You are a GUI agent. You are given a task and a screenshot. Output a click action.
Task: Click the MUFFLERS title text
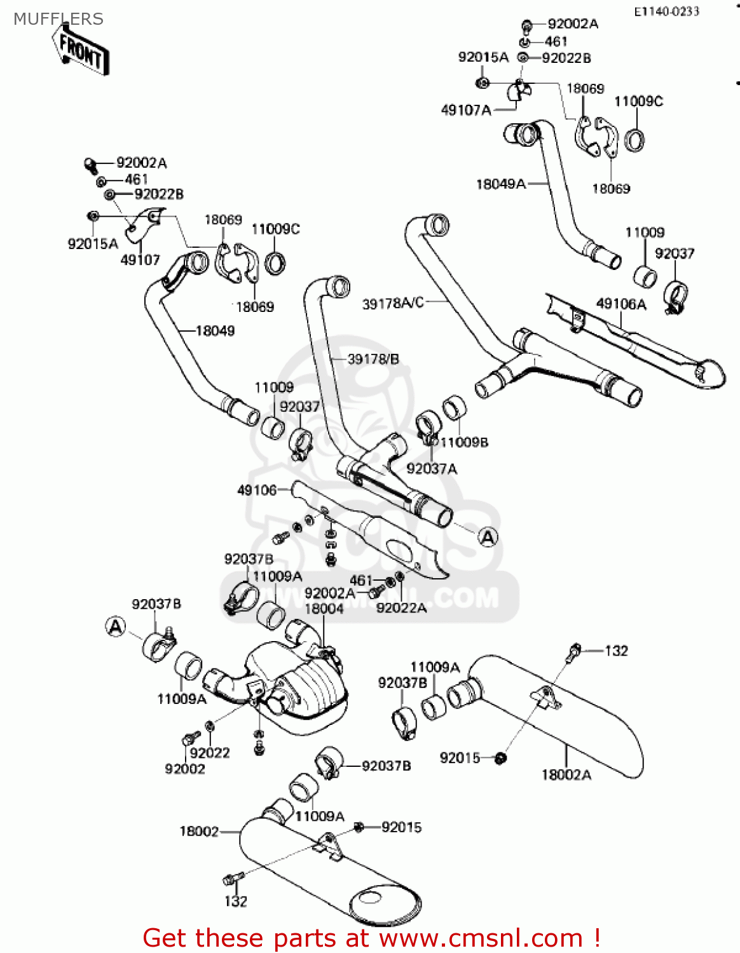click(x=58, y=19)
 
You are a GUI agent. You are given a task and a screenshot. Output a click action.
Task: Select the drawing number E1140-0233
click(x=666, y=11)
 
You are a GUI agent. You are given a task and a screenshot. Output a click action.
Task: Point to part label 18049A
click(x=501, y=184)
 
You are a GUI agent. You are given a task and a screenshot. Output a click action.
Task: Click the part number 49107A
click(x=466, y=111)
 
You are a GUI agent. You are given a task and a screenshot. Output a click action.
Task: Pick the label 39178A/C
click(x=393, y=304)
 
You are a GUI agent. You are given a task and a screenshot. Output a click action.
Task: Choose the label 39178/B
click(x=373, y=360)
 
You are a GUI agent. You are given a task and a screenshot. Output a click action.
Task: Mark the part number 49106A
click(x=621, y=304)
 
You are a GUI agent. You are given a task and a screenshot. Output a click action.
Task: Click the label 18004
click(x=324, y=609)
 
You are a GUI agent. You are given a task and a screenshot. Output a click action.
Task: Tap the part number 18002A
click(x=566, y=774)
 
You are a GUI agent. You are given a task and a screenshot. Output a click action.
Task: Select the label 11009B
click(x=465, y=442)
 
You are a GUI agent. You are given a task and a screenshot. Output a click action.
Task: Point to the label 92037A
click(x=432, y=469)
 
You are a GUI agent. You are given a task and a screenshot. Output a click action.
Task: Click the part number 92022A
click(x=401, y=608)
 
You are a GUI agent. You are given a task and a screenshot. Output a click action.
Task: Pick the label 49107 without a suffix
click(x=140, y=260)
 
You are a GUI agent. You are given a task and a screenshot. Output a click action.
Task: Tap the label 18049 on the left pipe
click(x=215, y=331)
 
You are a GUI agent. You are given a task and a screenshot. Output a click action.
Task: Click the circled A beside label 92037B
click(x=116, y=627)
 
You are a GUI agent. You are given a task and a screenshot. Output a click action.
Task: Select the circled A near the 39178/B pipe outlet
click(x=488, y=537)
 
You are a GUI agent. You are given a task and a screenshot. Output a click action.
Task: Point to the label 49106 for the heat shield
click(x=257, y=490)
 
